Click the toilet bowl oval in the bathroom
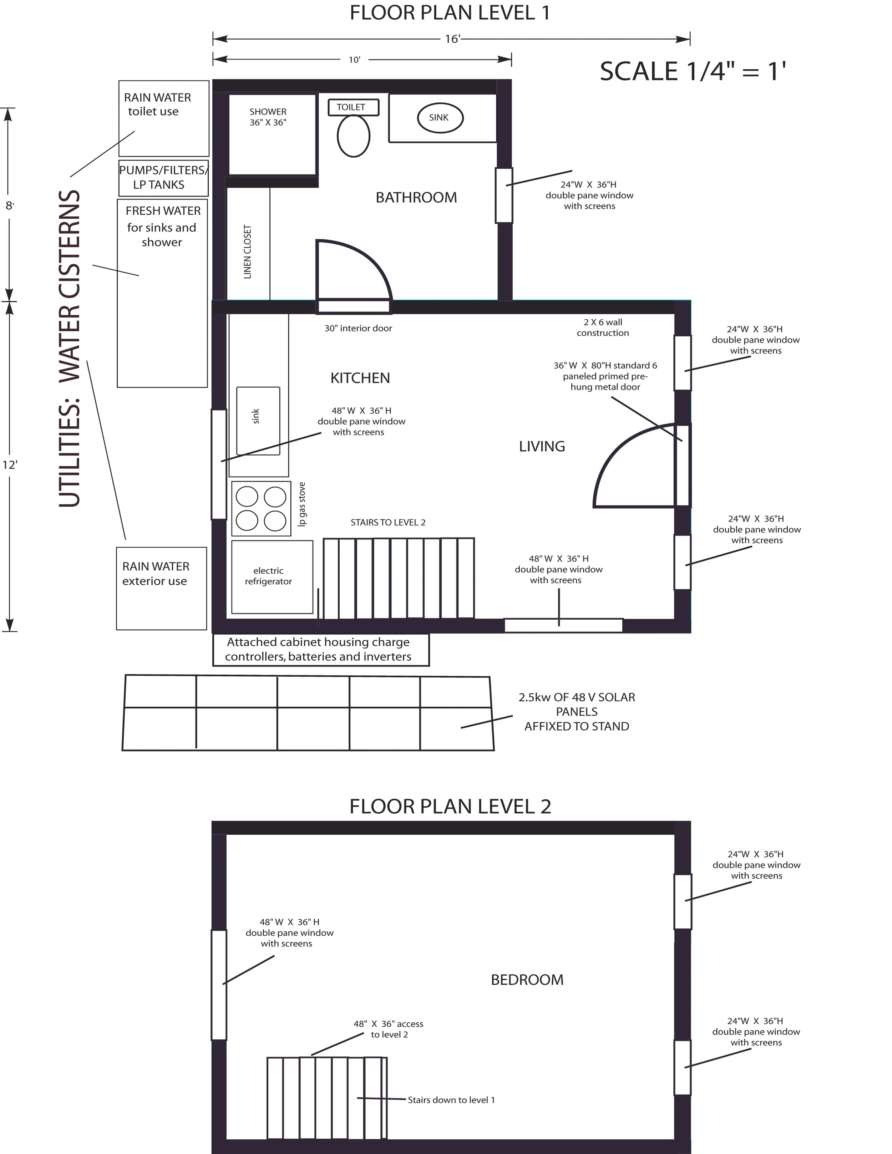(353, 136)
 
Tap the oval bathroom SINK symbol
(440, 118)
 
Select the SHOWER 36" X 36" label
(268, 117)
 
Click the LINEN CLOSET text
(247, 252)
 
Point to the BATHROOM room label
(416, 198)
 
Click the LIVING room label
(542, 447)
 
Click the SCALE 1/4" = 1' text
(692, 71)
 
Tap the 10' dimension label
(354, 60)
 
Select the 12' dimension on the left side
(10, 465)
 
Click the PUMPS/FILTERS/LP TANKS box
(163, 178)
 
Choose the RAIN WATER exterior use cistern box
(161, 588)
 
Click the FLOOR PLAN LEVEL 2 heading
(450, 806)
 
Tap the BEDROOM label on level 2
(527, 980)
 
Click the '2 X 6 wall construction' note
(602, 327)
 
